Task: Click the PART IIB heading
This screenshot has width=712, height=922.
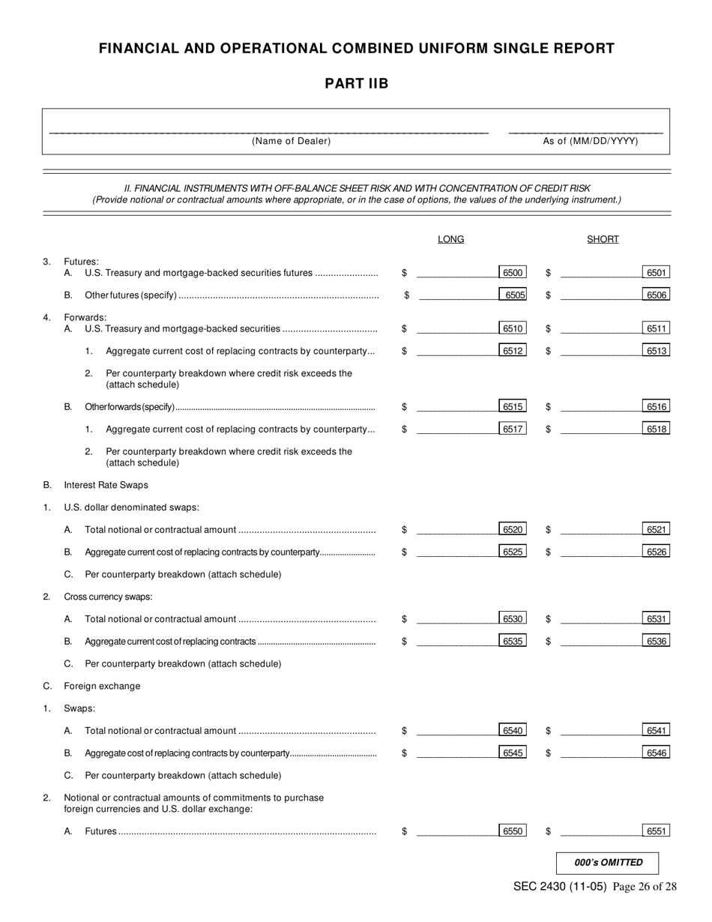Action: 356,83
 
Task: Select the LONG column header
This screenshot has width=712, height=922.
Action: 450,239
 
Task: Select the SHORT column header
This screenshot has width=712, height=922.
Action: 603,239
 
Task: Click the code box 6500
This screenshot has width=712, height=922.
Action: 513,273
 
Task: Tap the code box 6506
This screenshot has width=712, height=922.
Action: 657,295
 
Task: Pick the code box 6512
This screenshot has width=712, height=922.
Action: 513,351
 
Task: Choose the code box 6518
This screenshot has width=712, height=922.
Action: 657,430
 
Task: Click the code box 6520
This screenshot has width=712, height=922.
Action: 513,530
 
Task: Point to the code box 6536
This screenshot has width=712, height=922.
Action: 657,642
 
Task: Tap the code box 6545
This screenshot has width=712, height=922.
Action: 513,753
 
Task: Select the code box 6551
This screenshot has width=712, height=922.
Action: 657,831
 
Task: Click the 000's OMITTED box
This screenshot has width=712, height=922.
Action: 608,863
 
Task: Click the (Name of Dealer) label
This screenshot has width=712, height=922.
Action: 291,141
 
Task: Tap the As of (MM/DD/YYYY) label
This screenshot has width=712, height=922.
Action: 591,141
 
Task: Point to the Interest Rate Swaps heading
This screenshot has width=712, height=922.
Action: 106,485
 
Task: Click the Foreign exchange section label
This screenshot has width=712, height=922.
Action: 102,686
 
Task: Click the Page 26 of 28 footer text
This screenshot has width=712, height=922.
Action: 645,887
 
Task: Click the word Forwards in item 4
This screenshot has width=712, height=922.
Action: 85,317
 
